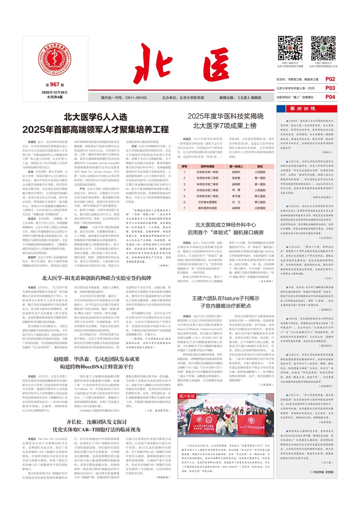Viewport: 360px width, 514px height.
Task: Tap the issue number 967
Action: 55,85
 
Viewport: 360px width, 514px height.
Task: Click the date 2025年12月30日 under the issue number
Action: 55,92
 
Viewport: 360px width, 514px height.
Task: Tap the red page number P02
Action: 330,79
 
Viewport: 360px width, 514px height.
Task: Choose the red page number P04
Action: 330,97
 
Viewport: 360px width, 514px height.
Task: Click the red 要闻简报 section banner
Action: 307,109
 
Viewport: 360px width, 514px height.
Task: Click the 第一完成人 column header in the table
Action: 236,166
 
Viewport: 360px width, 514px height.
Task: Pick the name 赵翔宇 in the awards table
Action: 236,172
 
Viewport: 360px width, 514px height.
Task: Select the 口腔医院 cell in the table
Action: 260,208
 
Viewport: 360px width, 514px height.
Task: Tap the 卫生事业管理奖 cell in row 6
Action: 207,202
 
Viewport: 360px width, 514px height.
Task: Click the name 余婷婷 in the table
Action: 236,208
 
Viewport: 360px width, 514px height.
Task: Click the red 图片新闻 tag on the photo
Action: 187,396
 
